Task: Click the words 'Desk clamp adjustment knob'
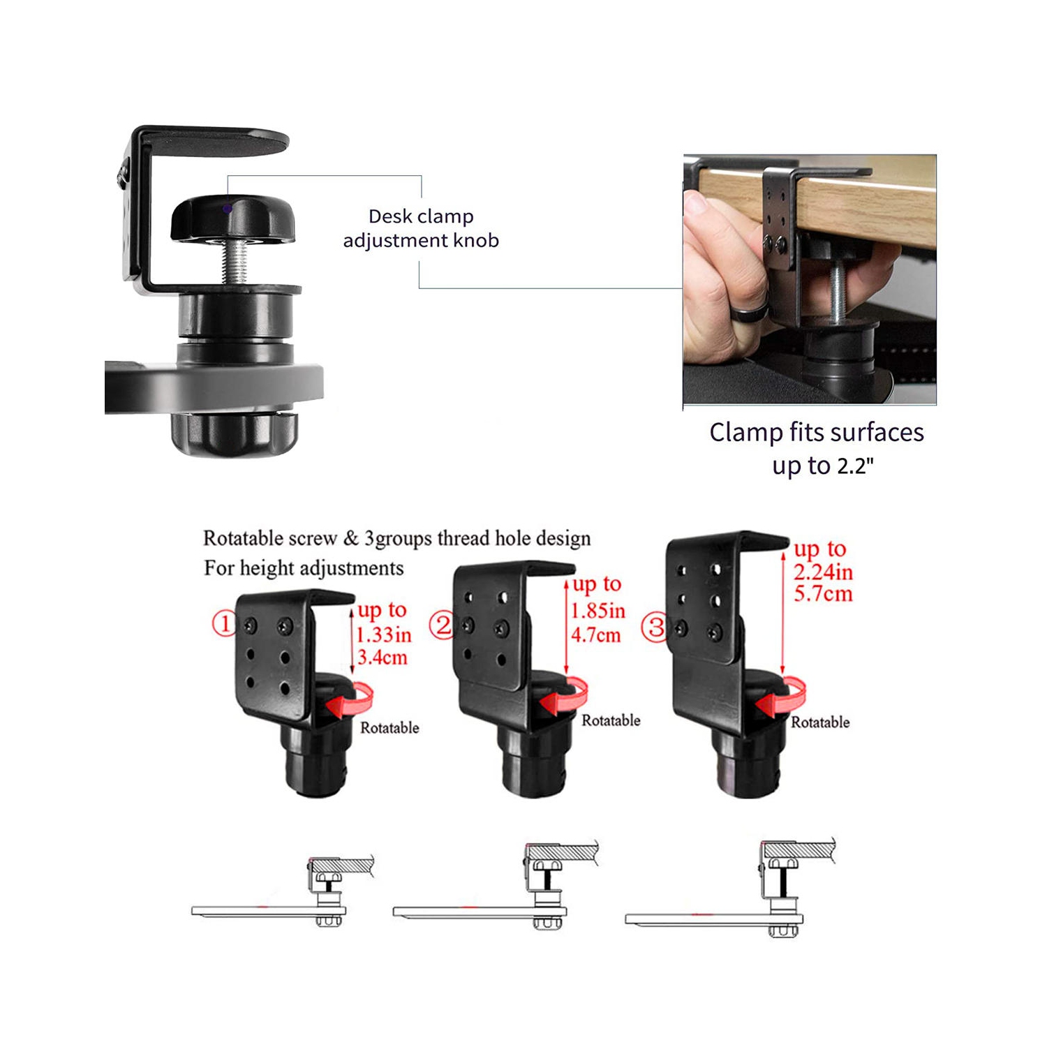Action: pyautogui.click(x=421, y=228)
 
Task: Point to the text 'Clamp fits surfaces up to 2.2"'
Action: pyautogui.click(x=817, y=448)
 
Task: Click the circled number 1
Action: pyautogui.click(x=224, y=623)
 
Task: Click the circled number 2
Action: pyautogui.click(x=441, y=624)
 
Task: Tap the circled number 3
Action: pyautogui.click(x=656, y=626)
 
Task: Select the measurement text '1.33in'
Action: pyautogui.click(x=384, y=634)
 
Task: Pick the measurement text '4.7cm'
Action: pyautogui.click(x=596, y=635)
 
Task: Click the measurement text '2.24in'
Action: pyautogui.click(x=824, y=572)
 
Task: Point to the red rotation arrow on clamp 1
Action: pyautogui.click(x=355, y=701)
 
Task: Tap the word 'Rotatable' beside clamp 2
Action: pyautogui.click(x=611, y=720)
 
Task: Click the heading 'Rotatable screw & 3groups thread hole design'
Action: pyautogui.click(x=396, y=538)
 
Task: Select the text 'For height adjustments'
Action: pyautogui.click(x=304, y=568)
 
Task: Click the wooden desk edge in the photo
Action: pyautogui.click(x=866, y=209)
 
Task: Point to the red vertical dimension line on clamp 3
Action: pyautogui.click(x=784, y=614)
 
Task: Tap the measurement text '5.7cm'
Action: pyautogui.click(x=824, y=594)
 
